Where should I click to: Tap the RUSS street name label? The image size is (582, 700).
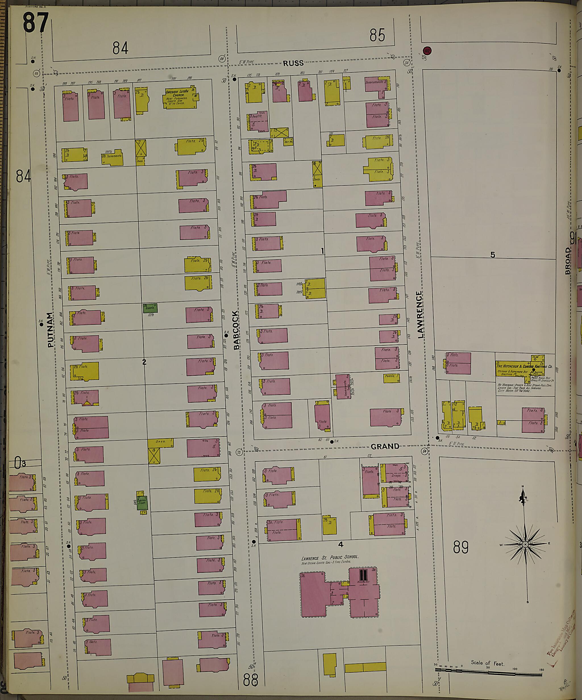[x=294, y=63]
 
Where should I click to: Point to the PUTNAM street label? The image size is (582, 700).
[x=50, y=330]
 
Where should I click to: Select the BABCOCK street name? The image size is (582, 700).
[x=236, y=330]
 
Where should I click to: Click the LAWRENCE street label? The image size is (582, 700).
[x=419, y=314]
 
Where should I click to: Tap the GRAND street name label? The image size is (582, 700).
[x=384, y=446]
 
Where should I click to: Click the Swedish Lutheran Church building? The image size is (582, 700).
[x=179, y=98]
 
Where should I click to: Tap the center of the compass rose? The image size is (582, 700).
[x=525, y=544]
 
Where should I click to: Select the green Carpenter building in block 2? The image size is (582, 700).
[x=150, y=308]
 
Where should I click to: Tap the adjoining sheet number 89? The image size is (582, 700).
[x=461, y=547]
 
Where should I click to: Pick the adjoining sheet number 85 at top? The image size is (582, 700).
[x=377, y=35]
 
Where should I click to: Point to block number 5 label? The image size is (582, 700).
[x=492, y=255]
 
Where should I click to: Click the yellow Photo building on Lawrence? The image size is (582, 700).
[x=392, y=378]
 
